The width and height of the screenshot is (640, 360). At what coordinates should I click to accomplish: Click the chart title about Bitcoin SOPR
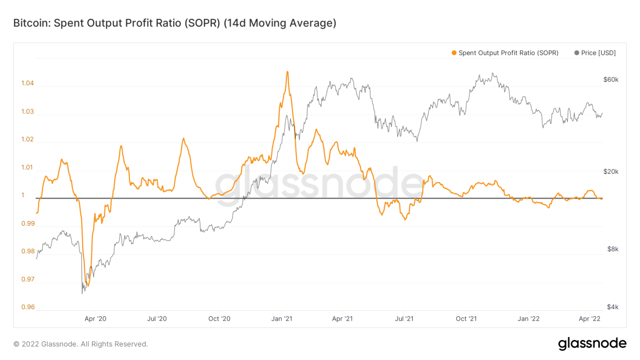pos(175,23)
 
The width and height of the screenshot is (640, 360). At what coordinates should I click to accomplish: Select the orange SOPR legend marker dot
pos(454,53)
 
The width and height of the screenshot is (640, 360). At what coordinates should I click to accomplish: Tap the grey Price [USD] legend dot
pos(576,53)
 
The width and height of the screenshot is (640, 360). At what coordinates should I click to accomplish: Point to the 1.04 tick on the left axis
pos(28,84)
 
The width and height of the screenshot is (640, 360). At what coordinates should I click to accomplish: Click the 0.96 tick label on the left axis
pos(28,307)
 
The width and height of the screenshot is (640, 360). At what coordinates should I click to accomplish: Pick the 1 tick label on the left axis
pos(23,195)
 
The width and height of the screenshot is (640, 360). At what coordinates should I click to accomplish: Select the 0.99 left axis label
pos(28,224)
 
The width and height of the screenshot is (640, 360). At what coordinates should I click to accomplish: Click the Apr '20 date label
pos(96,319)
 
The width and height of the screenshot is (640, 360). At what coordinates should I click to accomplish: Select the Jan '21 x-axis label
pos(281,319)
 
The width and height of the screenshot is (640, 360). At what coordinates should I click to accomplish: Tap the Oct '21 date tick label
pos(466,319)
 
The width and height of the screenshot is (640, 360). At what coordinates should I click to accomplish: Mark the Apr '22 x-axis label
pos(590,319)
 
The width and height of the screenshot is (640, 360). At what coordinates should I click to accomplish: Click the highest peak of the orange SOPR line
pos(287,72)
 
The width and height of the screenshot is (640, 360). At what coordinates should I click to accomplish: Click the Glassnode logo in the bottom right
pos(592,344)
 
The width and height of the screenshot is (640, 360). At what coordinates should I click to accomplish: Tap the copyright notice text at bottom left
pos(81,344)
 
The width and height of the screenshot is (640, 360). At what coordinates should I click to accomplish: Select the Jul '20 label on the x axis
pos(157,319)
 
